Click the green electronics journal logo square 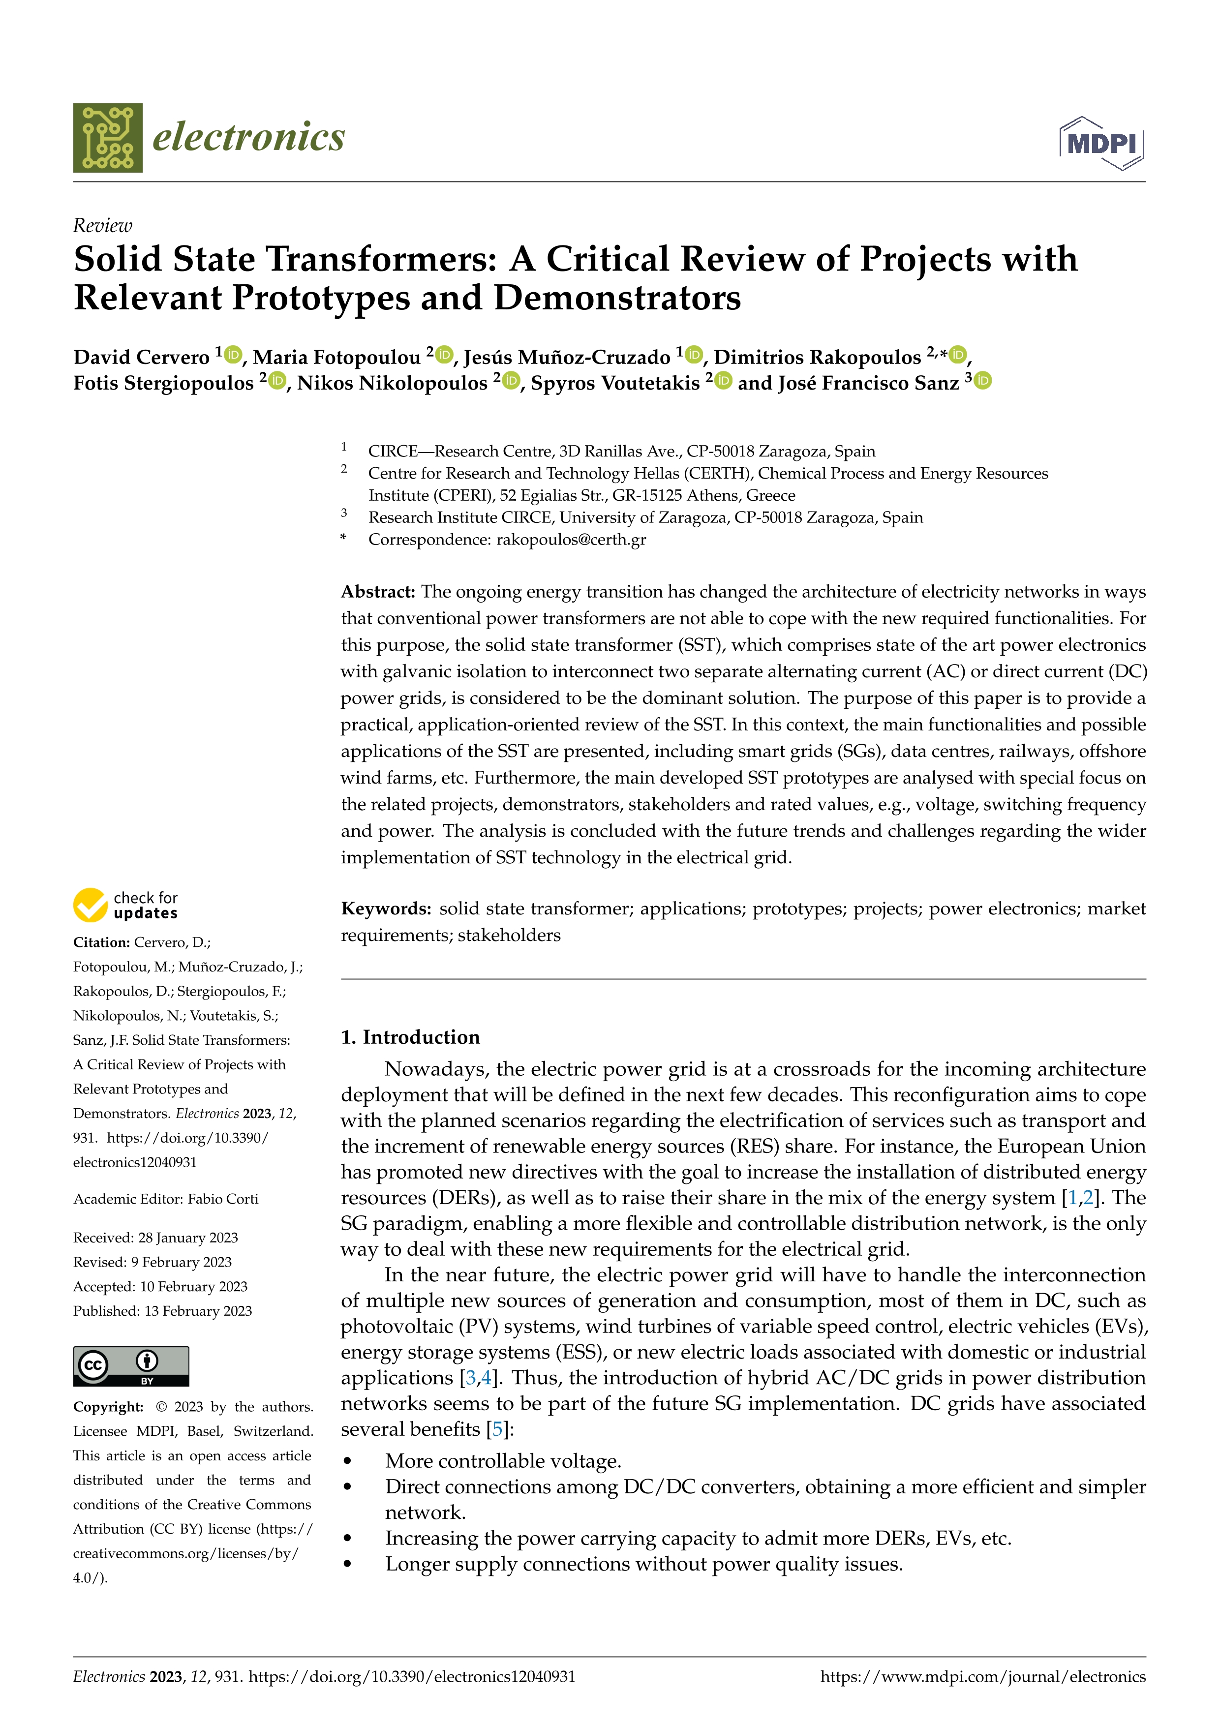tap(107, 138)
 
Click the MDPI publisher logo tap(1101, 143)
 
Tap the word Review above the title tap(102, 225)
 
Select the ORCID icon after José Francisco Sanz tap(982, 380)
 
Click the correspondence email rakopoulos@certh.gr tap(571, 540)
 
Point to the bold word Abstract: tap(378, 592)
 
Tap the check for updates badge tap(125, 906)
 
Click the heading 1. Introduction tap(410, 1037)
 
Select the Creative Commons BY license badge tap(131, 1366)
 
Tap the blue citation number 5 tap(496, 1430)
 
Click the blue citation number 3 tap(471, 1378)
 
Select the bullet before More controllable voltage tap(347, 1461)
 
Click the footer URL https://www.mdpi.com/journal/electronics tap(982, 1677)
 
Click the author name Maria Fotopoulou tap(336, 357)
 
